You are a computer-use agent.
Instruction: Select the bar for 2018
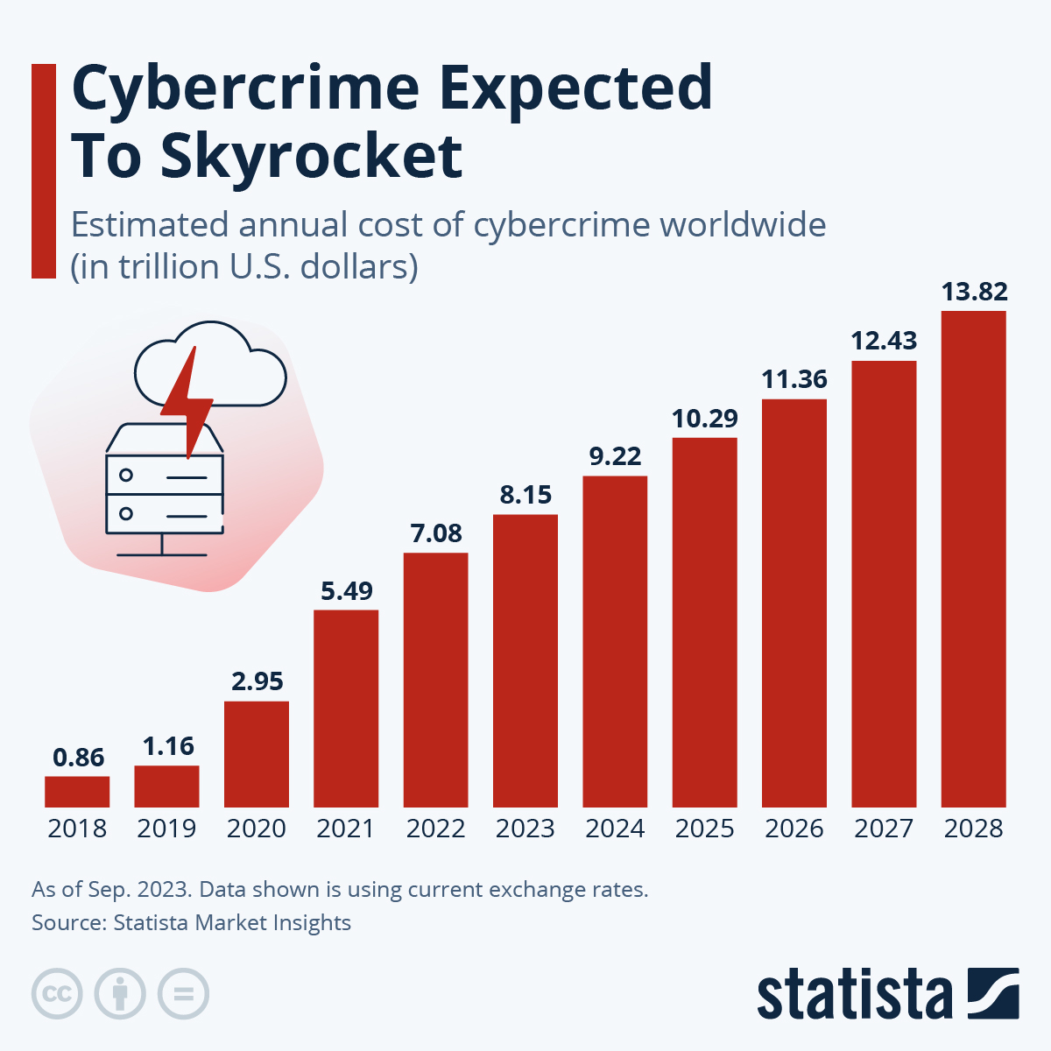pos(77,791)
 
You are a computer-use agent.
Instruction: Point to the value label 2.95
pos(257,681)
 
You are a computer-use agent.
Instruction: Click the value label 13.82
pos(974,291)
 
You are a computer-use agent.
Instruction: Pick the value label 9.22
pos(615,456)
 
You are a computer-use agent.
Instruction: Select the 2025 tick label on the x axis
pos(704,829)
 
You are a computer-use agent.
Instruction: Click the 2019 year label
pos(166,829)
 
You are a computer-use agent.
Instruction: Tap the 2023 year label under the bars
pos(525,829)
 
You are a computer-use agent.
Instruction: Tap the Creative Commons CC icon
pos(57,994)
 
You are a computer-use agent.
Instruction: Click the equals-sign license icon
pos(184,994)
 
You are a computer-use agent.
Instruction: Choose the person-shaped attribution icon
pos(120,994)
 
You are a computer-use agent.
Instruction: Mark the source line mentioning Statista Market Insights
pos(191,922)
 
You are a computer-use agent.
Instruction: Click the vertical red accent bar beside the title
pos(43,171)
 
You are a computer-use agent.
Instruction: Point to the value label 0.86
pos(78,758)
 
